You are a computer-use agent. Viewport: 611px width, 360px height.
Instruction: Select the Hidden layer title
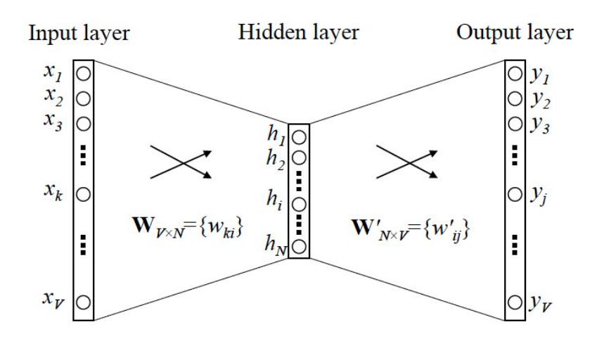tap(299, 32)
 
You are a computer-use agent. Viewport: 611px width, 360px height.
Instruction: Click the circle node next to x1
tap(84, 73)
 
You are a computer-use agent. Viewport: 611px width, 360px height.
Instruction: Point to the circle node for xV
tap(84, 303)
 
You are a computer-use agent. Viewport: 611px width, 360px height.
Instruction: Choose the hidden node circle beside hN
tap(300, 246)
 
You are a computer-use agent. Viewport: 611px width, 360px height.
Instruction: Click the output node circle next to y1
tap(515, 73)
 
